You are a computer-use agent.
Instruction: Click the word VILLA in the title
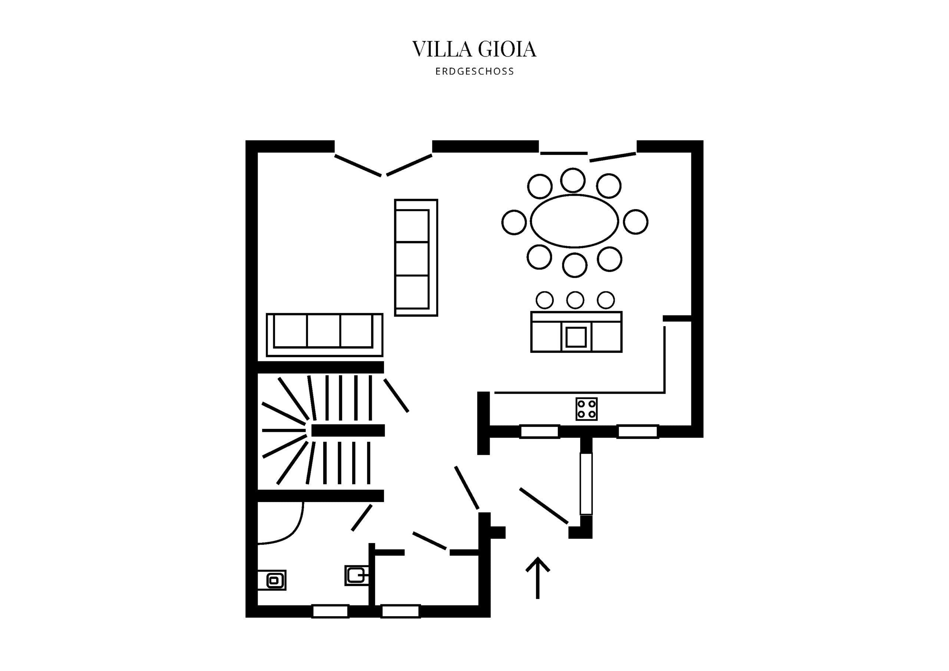coord(442,49)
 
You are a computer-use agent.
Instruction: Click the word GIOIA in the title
coord(507,49)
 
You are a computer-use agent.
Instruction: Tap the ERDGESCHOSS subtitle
coord(474,72)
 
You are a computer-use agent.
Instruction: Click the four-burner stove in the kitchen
coord(586,409)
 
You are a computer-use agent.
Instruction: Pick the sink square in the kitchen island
coord(576,337)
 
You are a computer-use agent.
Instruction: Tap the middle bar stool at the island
coord(575,300)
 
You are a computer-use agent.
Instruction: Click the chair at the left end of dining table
coord(514,222)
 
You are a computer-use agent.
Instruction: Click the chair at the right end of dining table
coord(636,222)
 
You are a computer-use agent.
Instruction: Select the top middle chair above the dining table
coord(573,180)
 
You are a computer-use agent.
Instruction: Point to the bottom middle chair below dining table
coord(575,265)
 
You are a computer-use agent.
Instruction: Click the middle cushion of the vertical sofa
coord(412,258)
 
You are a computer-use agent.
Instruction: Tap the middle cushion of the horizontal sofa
coord(324,331)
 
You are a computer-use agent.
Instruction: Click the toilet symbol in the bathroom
coord(356,575)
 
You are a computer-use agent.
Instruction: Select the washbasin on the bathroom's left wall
coord(273,581)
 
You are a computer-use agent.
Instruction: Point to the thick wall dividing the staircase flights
coord(348,430)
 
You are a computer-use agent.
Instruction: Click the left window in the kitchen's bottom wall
coord(539,431)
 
